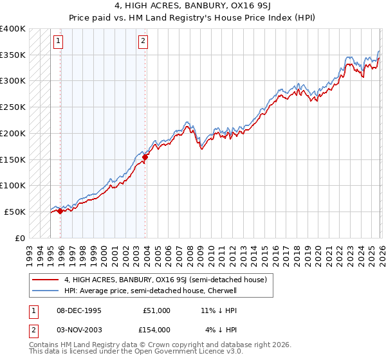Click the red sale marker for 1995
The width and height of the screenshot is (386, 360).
[60, 211]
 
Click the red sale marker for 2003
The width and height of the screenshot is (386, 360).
[145, 157]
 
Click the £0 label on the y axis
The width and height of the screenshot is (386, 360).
[21, 238]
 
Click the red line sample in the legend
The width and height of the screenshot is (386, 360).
[46, 280]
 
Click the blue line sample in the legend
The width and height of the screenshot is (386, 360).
[46, 291]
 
